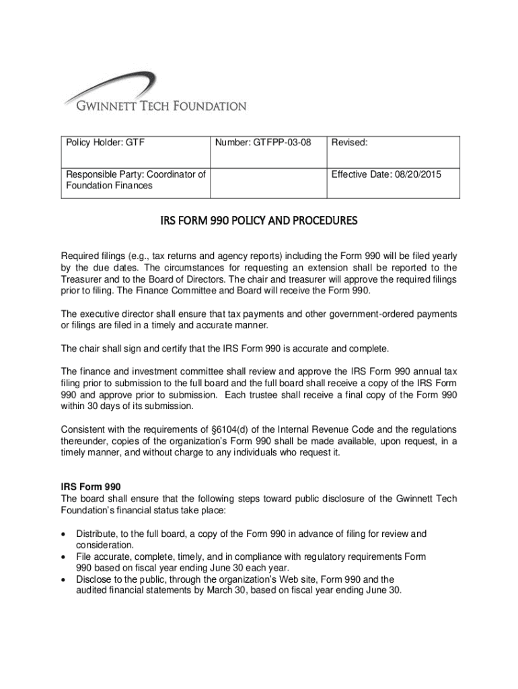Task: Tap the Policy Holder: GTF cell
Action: (105, 143)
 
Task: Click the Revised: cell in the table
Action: (348, 143)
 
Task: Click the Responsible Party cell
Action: (135, 180)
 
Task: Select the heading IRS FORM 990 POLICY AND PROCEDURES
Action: (259, 221)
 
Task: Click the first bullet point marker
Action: (64, 534)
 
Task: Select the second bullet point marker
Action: (64, 558)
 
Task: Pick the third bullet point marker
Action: (64, 579)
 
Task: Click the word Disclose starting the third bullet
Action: (94, 579)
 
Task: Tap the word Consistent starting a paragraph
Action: (85, 429)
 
